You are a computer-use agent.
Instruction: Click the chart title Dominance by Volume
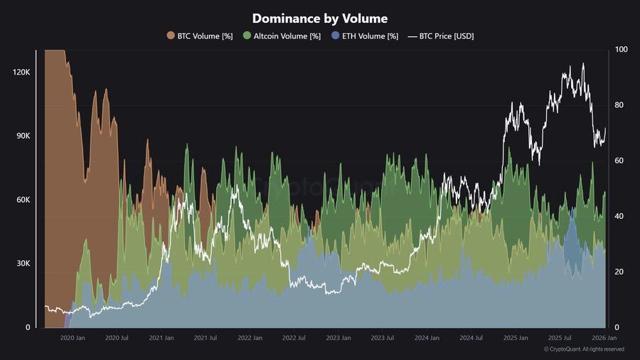[320, 18]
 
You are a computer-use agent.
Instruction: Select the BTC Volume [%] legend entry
[205, 36]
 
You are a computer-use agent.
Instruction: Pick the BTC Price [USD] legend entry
[447, 36]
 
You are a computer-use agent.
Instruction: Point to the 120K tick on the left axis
[21, 73]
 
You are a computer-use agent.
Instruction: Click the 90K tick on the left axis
[23, 136]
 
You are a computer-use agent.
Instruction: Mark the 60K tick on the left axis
[23, 200]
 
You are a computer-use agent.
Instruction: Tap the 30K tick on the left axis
[23, 264]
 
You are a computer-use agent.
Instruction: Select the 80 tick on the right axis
[619, 105]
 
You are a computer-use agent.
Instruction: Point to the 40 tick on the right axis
[619, 216]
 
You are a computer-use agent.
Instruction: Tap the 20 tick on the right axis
[619, 272]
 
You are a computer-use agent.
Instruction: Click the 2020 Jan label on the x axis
[73, 339]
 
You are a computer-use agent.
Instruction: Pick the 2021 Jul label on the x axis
[205, 339]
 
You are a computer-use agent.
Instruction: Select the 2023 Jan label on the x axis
[338, 339]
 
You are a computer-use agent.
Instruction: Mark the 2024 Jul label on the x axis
[471, 339]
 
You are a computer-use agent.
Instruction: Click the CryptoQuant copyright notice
[584, 349]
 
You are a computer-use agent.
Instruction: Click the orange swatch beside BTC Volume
[171, 36]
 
